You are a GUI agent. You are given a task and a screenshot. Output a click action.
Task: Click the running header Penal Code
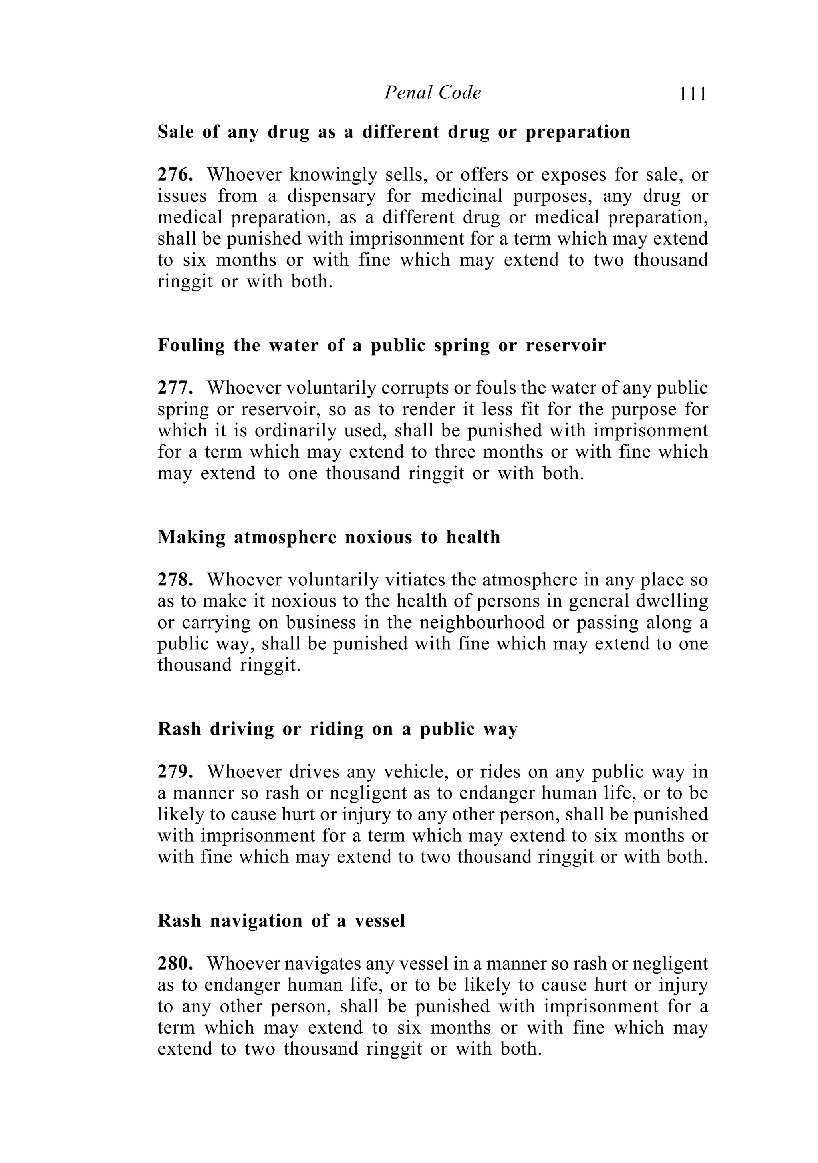432,92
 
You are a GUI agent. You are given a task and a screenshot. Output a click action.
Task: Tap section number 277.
175,388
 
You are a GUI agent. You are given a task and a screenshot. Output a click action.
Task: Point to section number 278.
175,580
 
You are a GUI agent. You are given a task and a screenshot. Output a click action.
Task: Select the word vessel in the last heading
379,920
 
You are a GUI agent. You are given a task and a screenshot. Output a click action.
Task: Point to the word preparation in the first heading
578,132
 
